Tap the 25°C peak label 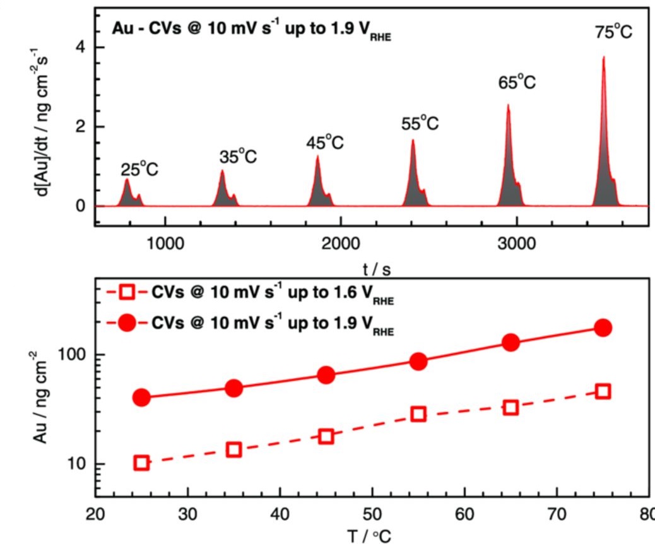pos(139,170)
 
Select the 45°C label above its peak pos(325,143)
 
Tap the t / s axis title pos(376,269)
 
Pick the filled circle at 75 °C pos(603,328)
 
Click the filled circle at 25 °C pos(141,398)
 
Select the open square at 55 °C pos(418,414)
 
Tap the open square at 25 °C pos(141,463)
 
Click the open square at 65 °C pos(511,407)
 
